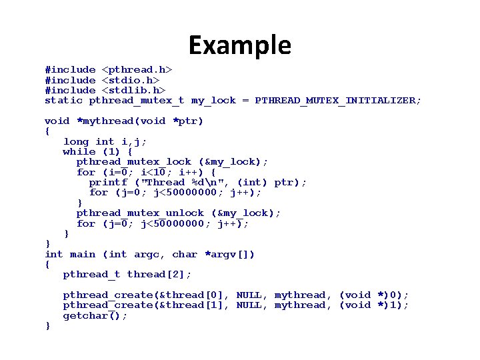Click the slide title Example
239,45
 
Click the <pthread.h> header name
137,69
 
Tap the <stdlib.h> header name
133,90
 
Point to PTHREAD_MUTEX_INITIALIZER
338,101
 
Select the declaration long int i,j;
105,141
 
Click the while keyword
79,151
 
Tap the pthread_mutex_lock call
134,162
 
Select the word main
83,254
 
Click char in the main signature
185,254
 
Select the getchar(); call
95,315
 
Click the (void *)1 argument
373,305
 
